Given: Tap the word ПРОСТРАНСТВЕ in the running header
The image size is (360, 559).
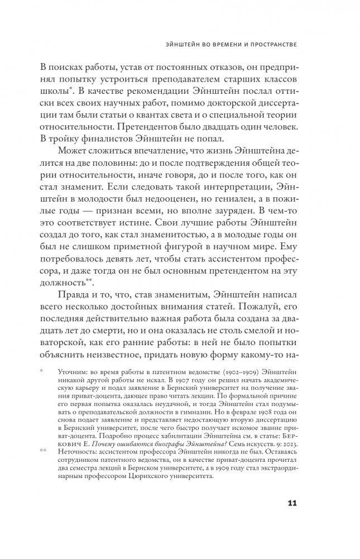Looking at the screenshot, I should coord(265,43).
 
